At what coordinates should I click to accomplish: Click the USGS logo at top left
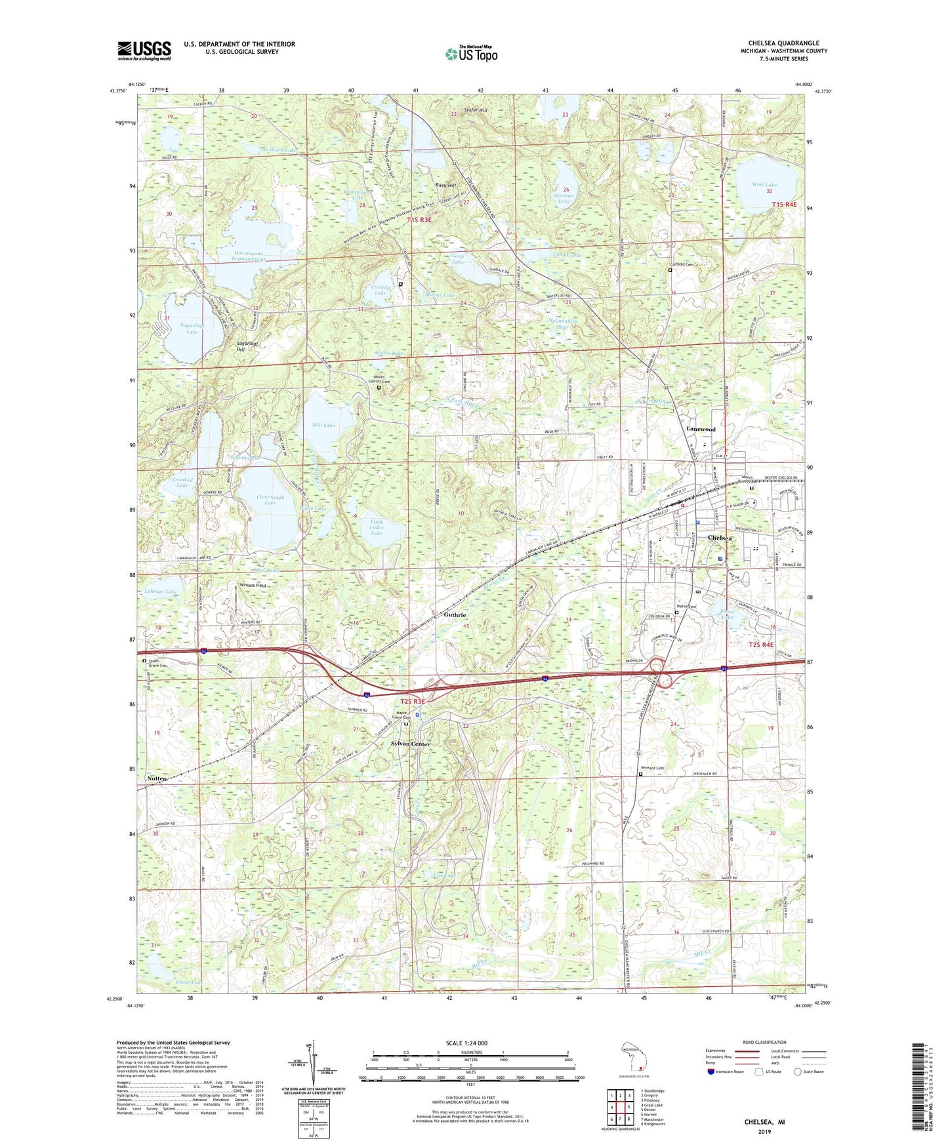144,50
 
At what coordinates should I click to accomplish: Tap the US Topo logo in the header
471,54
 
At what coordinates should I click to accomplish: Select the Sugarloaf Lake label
192,329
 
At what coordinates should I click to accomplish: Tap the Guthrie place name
455,615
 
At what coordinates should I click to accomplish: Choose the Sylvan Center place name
411,744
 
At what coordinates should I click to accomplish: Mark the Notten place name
157,778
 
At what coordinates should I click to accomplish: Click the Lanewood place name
701,429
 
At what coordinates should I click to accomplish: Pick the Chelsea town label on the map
720,538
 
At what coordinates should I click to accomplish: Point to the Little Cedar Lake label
377,527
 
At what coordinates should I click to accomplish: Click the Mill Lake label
324,425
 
